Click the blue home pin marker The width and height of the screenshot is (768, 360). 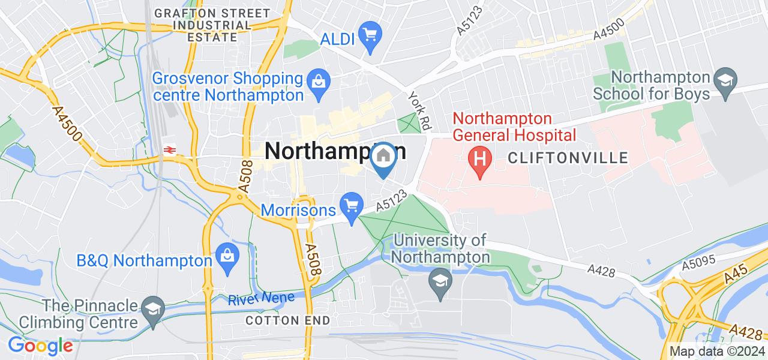point(383,157)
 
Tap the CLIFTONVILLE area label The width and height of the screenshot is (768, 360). point(568,158)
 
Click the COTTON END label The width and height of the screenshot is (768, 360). point(288,320)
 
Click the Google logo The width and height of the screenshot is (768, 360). point(40,346)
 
